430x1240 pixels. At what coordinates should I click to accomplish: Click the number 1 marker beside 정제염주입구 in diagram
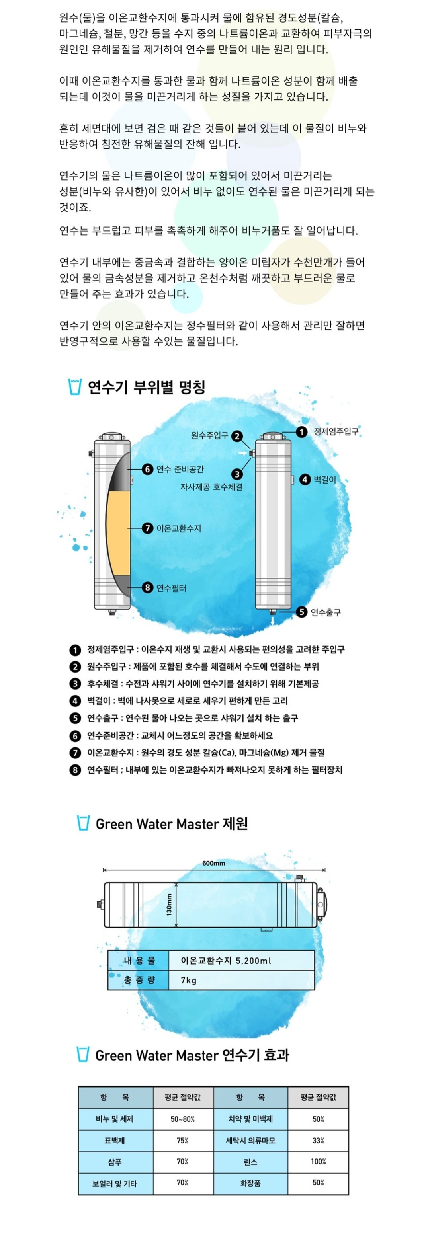coord(301,432)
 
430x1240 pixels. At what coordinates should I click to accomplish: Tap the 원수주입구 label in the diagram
coord(209,436)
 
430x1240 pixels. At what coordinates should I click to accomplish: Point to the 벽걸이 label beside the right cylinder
coord(324,480)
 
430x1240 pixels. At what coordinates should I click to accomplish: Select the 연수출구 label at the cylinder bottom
coord(326,612)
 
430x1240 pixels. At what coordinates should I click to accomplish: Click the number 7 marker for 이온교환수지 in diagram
coord(147,528)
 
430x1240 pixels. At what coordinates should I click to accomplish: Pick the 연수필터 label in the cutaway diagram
coord(171,588)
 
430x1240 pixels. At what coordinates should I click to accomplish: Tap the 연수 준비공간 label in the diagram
coord(180,469)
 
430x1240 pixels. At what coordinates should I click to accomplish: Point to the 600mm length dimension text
coord(213,864)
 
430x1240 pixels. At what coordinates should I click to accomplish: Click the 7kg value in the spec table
coord(188,981)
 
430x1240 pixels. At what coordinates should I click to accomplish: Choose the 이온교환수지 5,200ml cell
coord(226,961)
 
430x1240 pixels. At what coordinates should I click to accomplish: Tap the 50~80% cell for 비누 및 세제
coord(182,1119)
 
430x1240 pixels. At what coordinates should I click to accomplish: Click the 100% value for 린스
coord(318,1162)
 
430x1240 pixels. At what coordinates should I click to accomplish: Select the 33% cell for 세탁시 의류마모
coord(318,1141)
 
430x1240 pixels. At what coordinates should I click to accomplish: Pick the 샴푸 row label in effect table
coord(115,1162)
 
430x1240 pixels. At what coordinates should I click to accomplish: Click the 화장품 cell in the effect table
coord(250,1183)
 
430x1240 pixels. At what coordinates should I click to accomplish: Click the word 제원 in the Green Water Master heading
coord(235,824)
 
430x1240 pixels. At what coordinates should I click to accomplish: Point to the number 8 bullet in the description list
coord(75,770)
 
